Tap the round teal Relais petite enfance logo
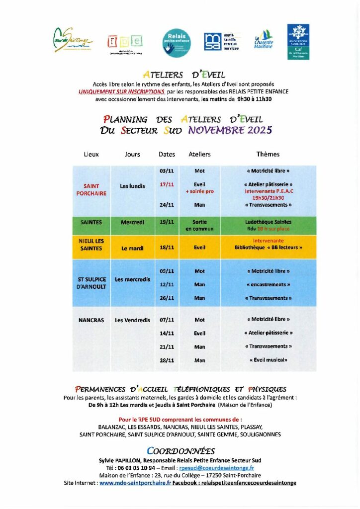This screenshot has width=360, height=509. point(177,42)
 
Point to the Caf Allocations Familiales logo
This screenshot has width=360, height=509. point(298,42)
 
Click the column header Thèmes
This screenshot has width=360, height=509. point(268,155)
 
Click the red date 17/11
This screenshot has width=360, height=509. point(167,184)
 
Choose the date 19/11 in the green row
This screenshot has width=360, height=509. point(167,222)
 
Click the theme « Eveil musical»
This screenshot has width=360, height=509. point(268,360)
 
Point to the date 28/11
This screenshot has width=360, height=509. point(167,360)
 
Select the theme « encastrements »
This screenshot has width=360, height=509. point(268,285)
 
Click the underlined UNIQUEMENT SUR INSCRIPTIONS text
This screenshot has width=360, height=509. point(122,92)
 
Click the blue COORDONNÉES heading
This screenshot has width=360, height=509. point(181,451)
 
